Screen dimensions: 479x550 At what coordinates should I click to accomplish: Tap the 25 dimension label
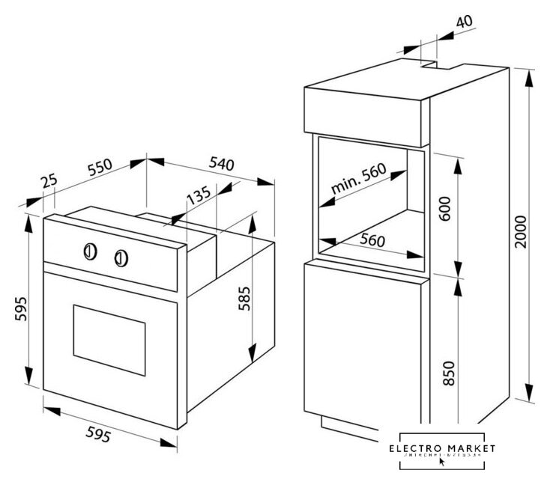click(x=49, y=183)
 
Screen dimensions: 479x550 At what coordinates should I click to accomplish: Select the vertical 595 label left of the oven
click(x=21, y=310)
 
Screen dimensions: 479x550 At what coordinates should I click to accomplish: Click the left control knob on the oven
click(x=89, y=251)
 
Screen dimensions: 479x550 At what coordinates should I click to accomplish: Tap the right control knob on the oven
click(x=121, y=259)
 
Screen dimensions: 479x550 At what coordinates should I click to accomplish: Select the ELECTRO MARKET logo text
click(x=448, y=447)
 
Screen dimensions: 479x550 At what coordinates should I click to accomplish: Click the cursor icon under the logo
click(x=441, y=462)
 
